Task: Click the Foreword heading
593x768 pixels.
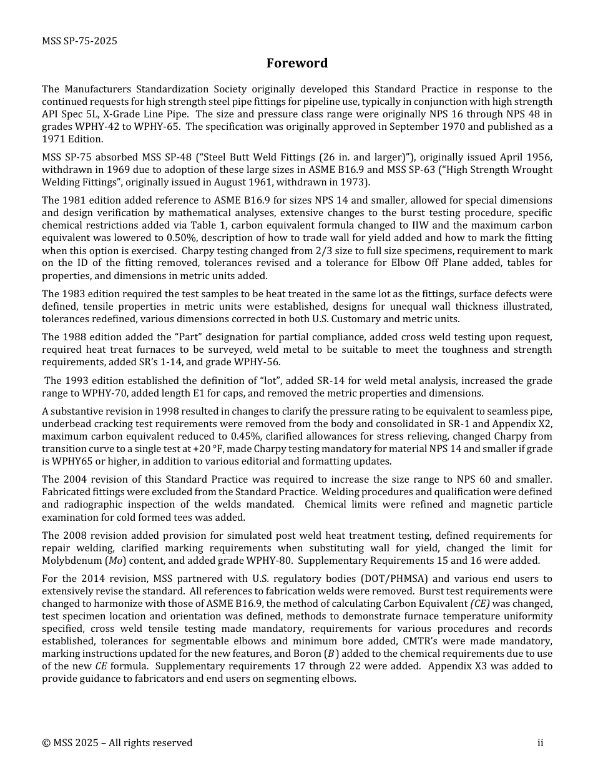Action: (296, 63)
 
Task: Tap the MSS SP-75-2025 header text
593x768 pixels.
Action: (79, 41)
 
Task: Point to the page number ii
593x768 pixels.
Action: (540, 742)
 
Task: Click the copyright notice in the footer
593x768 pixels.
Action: (117, 742)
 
